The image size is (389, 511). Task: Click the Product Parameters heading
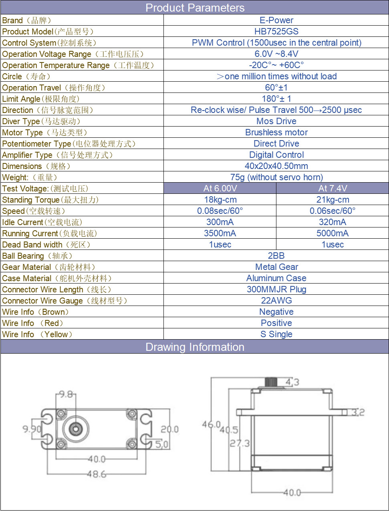click(195, 8)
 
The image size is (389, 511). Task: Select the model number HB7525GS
click(276, 31)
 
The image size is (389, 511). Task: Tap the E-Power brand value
click(276, 20)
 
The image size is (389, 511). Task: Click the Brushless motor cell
click(276, 132)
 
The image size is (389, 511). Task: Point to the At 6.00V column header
click(220, 188)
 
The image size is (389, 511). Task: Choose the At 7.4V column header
click(333, 188)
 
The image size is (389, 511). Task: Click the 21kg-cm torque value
click(333, 199)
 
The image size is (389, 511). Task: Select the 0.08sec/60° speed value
click(220, 211)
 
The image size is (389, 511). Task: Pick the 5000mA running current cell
click(333, 233)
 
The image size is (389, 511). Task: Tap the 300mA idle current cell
click(220, 222)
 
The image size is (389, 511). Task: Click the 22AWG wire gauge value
click(276, 300)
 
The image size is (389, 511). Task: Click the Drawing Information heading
click(195, 347)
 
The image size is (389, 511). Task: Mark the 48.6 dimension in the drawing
click(97, 474)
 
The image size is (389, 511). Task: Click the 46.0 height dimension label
click(211, 424)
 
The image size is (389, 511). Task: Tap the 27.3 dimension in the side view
click(240, 443)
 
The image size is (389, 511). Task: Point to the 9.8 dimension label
click(66, 394)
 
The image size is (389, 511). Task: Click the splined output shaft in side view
click(271, 382)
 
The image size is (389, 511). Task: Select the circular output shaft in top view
click(76, 429)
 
